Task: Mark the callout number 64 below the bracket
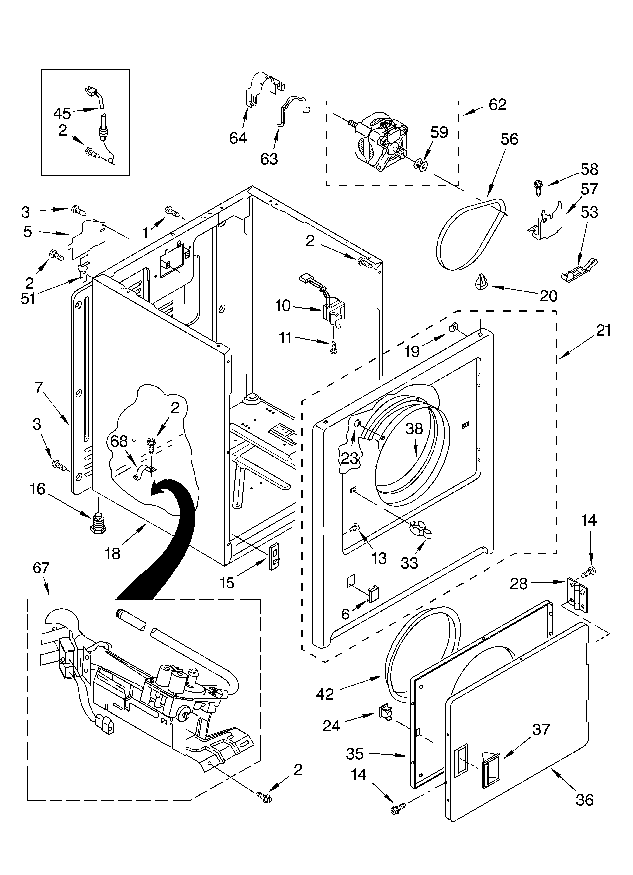pos(238,138)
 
